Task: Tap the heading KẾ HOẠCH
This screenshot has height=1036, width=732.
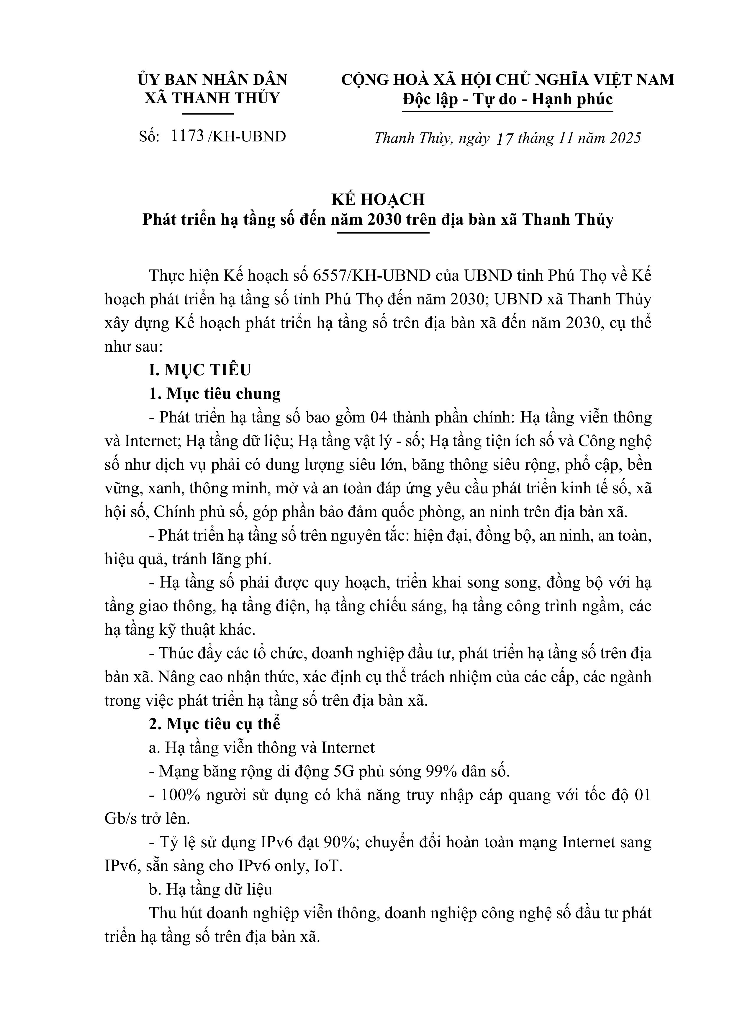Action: pyautogui.click(x=378, y=200)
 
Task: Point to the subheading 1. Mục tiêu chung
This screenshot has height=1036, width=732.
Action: pyautogui.click(x=215, y=394)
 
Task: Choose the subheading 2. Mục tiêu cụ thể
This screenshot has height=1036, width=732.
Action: pyautogui.click(x=215, y=724)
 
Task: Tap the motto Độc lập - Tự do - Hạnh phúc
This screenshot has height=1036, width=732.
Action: pyautogui.click(x=508, y=99)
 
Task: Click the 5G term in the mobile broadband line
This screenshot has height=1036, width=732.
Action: pyautogui.click(x=343, y=771)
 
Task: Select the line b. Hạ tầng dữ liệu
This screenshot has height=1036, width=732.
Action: pyautogui.click(x=211, y=889)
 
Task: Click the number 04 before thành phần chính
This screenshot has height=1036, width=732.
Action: pyautogui.click(x=379, y=417)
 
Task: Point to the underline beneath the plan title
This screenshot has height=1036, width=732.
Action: pyautogui.click(x=383, y=233)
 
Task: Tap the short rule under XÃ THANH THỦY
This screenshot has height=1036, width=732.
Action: pyautogui.click(x=212, y=114)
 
